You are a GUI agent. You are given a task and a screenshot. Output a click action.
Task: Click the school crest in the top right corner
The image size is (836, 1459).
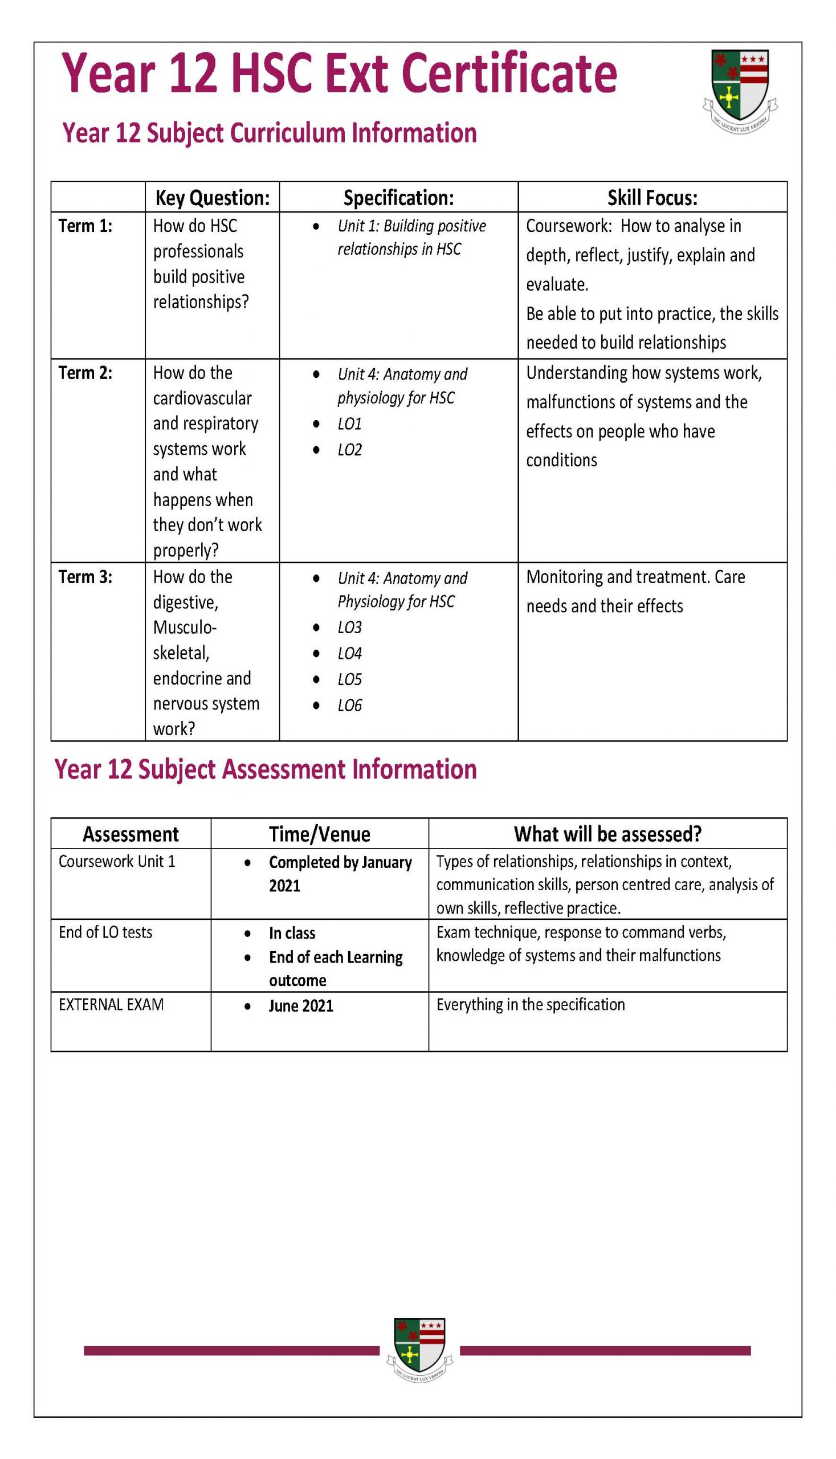740,91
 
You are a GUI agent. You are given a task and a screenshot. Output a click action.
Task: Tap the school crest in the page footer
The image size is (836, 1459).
420,1352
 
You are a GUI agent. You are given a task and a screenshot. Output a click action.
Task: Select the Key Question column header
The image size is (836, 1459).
212,198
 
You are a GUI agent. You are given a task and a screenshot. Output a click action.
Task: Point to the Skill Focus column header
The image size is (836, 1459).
653,198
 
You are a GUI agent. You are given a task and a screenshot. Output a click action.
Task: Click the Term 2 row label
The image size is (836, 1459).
85,373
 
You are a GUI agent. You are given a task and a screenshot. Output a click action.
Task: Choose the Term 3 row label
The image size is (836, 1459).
85,577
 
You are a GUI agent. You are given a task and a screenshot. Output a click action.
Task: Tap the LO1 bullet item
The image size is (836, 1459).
349,425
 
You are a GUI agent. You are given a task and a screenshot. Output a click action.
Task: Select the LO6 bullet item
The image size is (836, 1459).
349,706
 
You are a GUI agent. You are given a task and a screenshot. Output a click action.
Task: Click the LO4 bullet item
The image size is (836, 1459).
349,654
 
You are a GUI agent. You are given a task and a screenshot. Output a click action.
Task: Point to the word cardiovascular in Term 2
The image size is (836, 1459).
202,398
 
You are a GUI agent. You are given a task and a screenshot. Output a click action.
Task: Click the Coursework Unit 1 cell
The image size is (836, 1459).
117,862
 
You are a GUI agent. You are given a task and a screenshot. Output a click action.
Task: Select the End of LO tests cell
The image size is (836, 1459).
105,932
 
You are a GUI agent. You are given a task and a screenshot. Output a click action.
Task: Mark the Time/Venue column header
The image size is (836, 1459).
319,834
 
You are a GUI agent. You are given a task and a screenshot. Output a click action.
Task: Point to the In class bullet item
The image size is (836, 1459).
292,934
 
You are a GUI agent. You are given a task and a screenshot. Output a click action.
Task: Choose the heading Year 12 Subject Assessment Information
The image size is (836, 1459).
265,770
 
